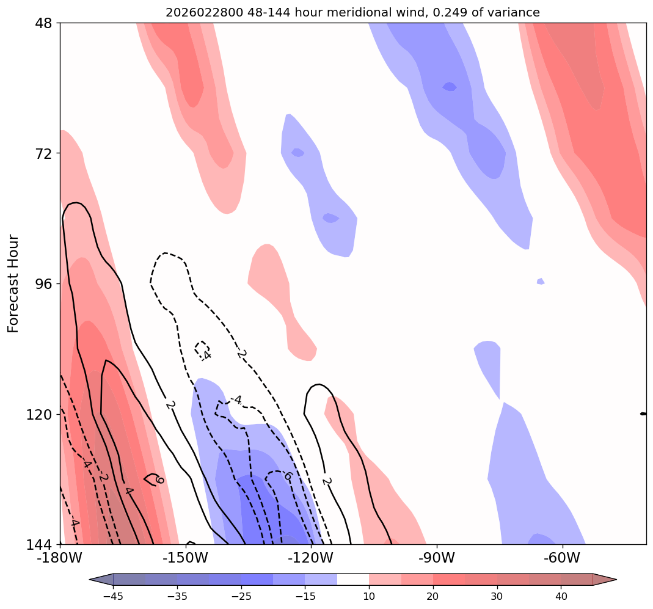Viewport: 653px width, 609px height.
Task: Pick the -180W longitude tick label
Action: tap(60, 558)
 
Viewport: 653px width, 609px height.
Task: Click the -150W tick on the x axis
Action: tap(186, 558)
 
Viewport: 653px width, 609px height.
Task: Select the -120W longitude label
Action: tap(311, 558)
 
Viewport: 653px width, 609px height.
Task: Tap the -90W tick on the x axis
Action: tap(437, 558)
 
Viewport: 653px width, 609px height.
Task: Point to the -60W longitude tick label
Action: tap(562, 558)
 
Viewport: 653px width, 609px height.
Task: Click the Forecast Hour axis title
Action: tap(13, 283)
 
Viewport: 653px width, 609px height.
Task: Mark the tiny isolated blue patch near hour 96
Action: tap(540, 281)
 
